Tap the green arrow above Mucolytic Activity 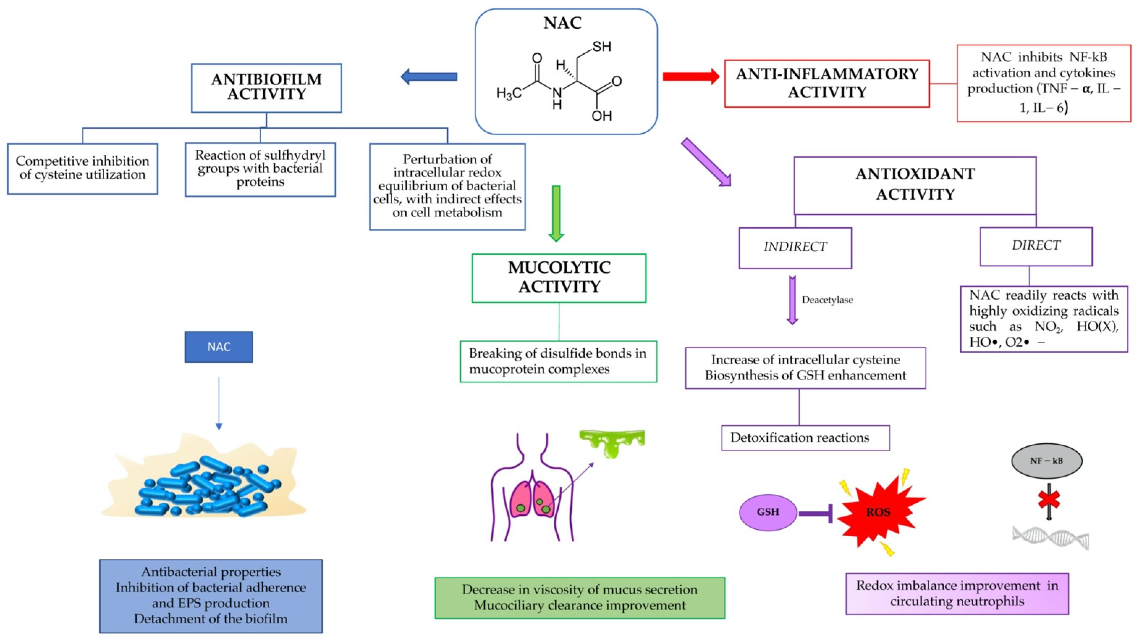(x=556, y=213)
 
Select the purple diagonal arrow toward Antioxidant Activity (x=705, y=162)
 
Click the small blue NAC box (x=219, y=347)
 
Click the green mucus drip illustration (x=612, y=443)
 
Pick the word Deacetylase (x=827, y=300)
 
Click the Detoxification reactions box (x=805, y=437)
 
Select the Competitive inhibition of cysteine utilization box (x=83, y=168)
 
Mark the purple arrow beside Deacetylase (x=792, y=300)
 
